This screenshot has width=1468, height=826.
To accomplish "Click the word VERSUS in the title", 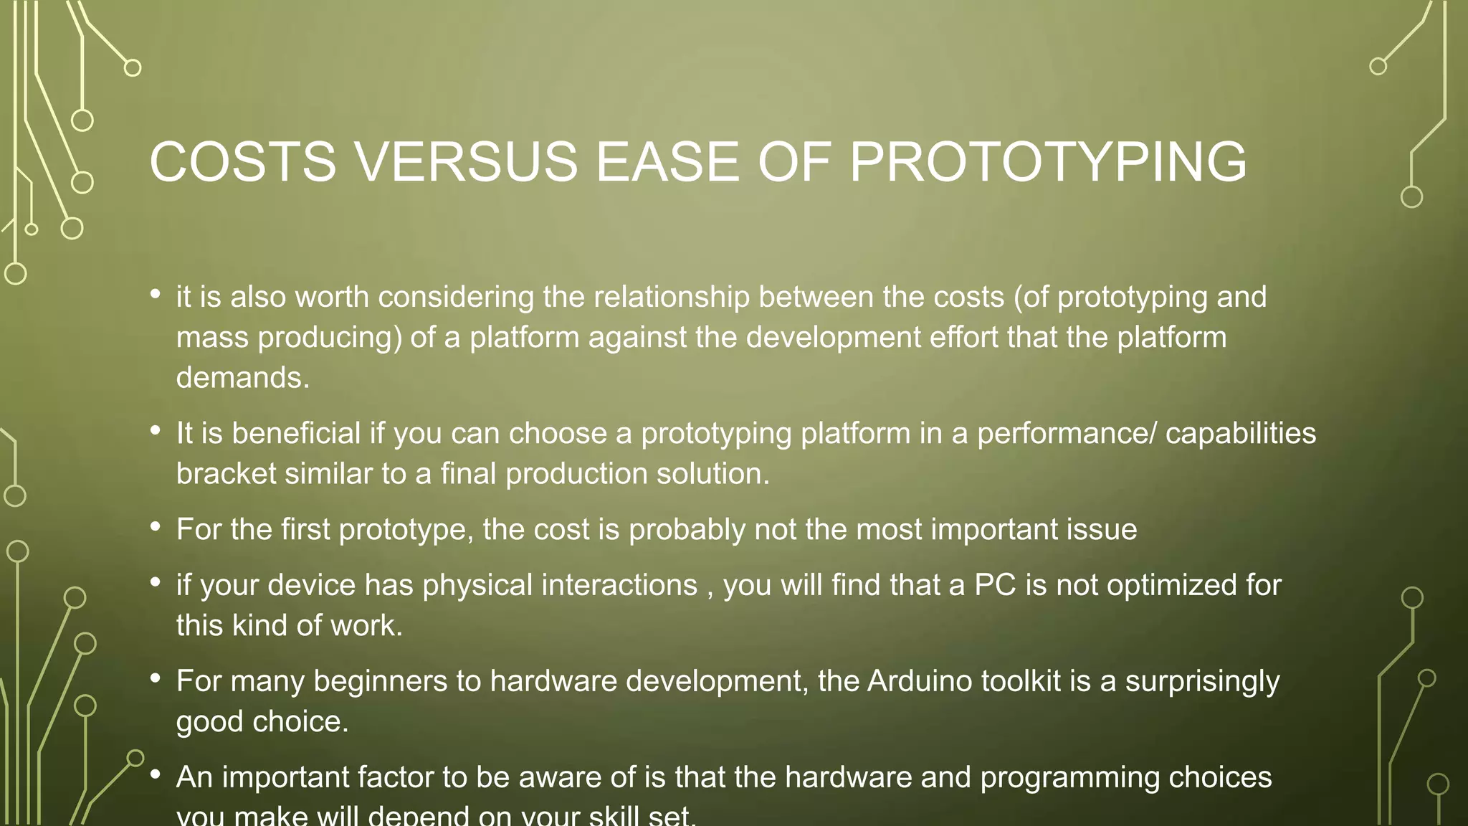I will click(x=466, y=162).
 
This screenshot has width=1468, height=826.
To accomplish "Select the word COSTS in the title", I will click(x=242, y=162).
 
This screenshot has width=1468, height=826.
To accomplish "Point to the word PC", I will click(x=995, y=585).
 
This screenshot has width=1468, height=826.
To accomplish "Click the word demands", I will click(x=243, y=378).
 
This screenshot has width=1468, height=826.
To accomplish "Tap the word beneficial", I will click(x=296, y=434).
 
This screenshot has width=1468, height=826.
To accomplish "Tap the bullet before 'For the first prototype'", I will click(x=156, y=527).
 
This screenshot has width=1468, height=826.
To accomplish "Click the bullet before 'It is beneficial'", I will click(x=156, y=431).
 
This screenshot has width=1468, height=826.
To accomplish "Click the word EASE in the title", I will click(x=667, y=162).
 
